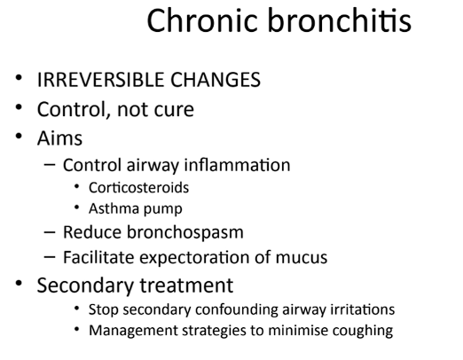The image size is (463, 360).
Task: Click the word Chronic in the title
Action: [x=201, y=20]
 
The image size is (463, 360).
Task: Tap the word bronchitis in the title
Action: [x=340, y=20]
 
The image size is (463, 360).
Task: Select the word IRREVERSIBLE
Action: [x=100, y=80]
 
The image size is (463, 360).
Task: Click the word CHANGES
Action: [x=216, y=80]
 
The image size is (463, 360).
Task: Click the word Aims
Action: [x=59, y=138]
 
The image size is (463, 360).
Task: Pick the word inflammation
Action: [x=237, y=165]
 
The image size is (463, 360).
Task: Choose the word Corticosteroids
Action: [x=138, y=188]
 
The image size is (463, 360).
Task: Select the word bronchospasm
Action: [x=185, y=232]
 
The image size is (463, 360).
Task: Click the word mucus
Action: [x=302, y=258]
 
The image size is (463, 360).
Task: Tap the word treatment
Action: [x=186, y=286]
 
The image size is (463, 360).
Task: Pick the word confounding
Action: [x=237, y=310]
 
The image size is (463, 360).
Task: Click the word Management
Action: [x=133, y=331]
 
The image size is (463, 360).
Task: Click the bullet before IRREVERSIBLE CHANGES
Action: [x=19, y=77]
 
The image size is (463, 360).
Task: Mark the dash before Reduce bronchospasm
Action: [x=50, y=232]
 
